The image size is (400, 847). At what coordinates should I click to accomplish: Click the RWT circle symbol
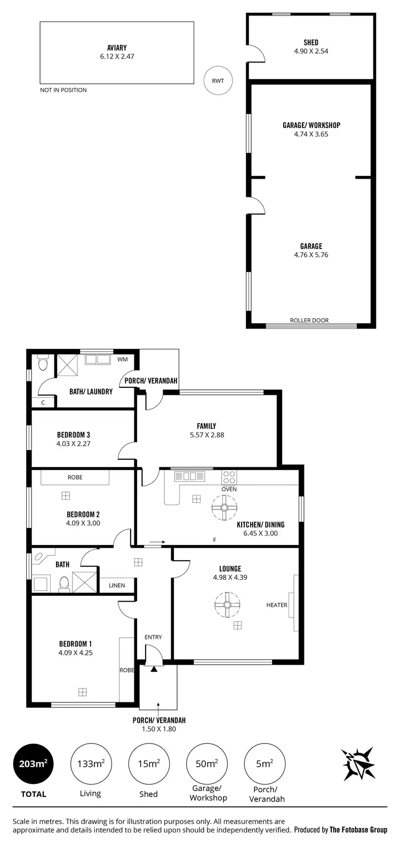point(218,81)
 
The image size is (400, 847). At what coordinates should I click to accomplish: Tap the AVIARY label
point(117,47)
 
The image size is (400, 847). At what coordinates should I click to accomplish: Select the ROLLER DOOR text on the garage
point(309,321)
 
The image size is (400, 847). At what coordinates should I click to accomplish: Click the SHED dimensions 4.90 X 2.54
point(311,51)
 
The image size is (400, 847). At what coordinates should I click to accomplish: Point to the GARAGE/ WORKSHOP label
point(311,125)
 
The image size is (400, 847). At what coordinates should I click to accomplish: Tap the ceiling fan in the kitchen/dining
point(224,507)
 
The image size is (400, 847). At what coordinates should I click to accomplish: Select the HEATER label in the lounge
point(277,605)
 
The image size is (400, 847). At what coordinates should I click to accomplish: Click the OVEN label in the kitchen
point(229,489)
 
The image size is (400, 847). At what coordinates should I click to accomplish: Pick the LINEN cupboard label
point(117,585)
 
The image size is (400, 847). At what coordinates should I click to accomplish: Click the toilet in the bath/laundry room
point(43,364)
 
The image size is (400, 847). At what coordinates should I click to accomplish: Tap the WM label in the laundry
point(123,359)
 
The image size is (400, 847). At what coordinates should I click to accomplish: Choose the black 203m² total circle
point(34,764)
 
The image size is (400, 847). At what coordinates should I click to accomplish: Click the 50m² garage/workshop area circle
point(206,764)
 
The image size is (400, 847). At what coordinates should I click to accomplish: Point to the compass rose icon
point(358,764)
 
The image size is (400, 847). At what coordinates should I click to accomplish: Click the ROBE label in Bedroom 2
point(75,477)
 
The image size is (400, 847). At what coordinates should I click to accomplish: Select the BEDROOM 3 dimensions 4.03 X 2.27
point(74,443)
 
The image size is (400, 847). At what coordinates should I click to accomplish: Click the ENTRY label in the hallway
point(153,637)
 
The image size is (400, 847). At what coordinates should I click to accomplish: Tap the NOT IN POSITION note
point(63,90)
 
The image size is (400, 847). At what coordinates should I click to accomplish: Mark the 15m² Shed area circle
point(148,764)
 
